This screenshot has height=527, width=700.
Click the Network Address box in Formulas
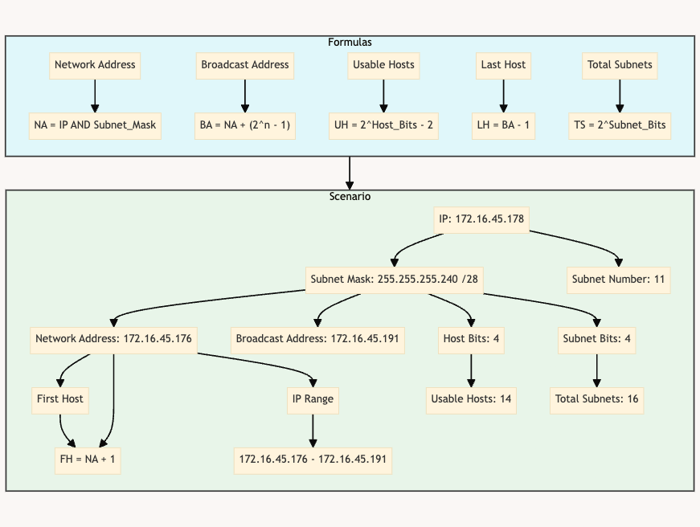pos(95,65)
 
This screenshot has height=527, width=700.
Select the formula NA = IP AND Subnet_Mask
pos(95,125)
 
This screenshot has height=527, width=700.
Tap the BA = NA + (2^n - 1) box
pos(245,125)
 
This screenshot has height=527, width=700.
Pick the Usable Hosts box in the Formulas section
pos(383,65)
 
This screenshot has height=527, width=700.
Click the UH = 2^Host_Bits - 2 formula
pos(383,125)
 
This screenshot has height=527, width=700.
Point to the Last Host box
pos(503,65)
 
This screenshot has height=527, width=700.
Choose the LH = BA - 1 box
pos(503,125)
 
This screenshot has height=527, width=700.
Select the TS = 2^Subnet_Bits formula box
pos(619,125)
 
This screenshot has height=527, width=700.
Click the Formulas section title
pos(350,42)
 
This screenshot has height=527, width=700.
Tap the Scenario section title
pos(350,196)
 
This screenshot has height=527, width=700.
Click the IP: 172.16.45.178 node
pos(481,219)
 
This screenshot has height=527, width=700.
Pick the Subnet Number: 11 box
pos(618,280)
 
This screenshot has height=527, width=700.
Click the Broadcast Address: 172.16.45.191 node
pos(317,339)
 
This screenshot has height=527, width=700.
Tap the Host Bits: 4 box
pos(471,339)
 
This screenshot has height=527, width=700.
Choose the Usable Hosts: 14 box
pos(471,398)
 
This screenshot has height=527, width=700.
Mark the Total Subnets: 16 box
pos(596,398)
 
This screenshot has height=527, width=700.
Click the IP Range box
pos(313,398)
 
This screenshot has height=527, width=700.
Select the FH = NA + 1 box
pos(88,460)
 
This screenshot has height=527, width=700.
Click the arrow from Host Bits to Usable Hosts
pos(471,369)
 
